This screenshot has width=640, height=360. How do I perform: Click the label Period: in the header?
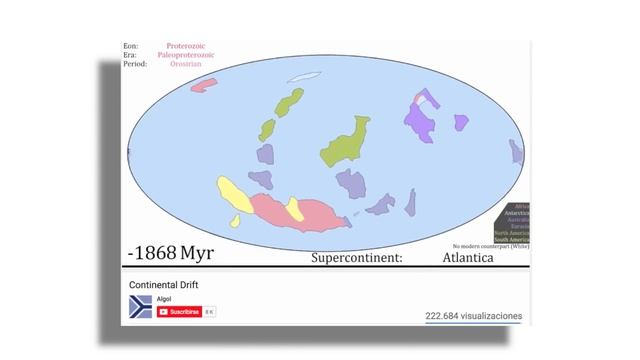click(135, 64)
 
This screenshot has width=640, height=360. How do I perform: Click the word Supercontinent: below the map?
click(356, 258)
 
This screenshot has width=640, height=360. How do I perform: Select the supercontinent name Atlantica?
click(467, 258)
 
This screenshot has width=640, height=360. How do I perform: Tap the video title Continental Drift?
click(164, 285)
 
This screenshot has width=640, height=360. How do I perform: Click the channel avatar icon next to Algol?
click(140, 308)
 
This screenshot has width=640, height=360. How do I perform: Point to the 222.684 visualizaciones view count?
click(473, 316)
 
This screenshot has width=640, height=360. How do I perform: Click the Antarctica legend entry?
click(516, 213)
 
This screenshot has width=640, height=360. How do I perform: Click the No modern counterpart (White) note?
click(490, 246)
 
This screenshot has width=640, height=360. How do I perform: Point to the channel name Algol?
click(163, 299)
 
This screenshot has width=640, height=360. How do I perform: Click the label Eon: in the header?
click(130, 46)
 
